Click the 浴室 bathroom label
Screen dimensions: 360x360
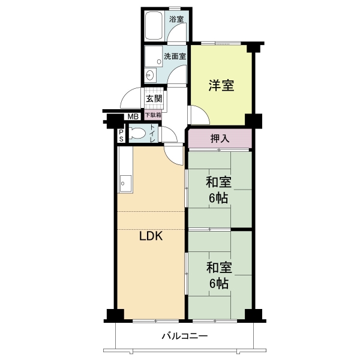176,19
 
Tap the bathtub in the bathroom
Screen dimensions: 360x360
154,26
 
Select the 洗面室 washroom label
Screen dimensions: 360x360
175,56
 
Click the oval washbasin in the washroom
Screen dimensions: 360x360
149,75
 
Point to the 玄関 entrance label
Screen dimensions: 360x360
154,99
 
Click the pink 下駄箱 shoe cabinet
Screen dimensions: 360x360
153,115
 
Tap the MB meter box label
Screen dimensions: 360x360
133,117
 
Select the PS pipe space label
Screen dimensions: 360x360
121,136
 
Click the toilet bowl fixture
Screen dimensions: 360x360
137,133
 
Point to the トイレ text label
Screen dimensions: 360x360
152,133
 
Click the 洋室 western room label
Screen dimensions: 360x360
221,85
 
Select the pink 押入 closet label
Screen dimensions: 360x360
220,139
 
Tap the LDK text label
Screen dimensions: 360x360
151,236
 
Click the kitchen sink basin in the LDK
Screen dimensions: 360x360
125,184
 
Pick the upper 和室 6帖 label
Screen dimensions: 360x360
218,190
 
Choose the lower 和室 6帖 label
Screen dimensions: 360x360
219,275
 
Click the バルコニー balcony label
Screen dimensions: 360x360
185,337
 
